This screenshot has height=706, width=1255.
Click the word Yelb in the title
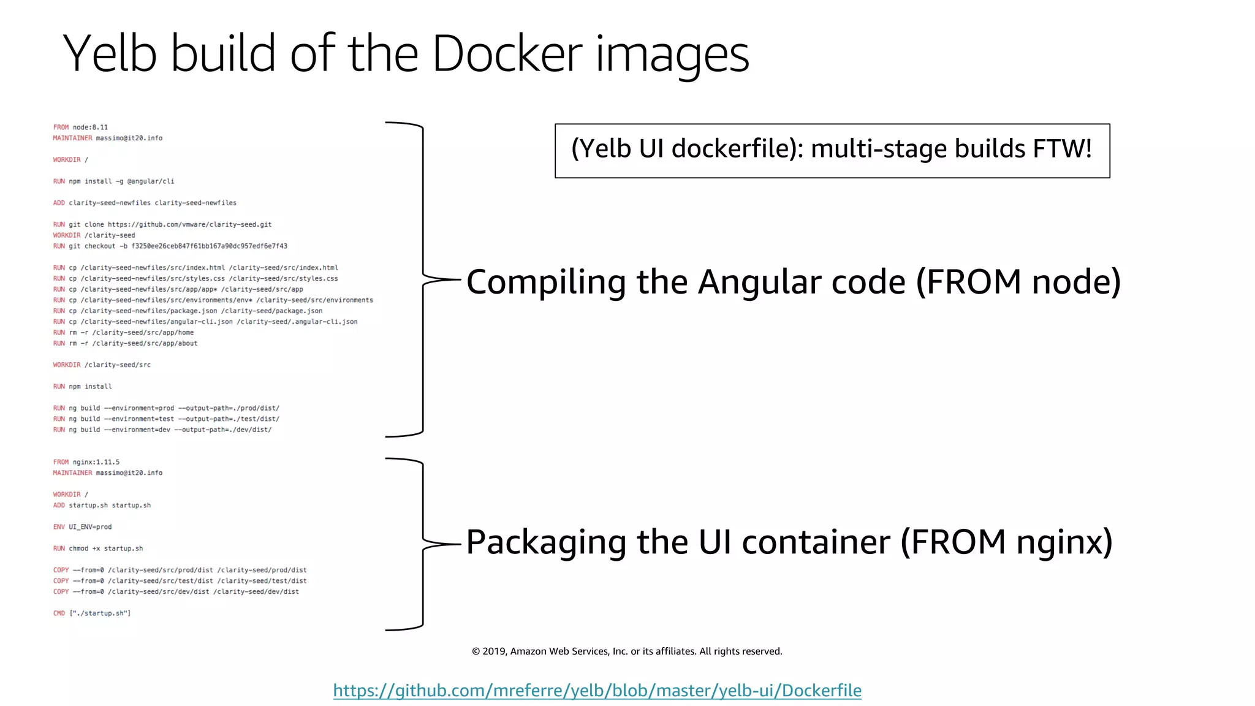(x=110, y=54)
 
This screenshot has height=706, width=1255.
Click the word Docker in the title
(x=507, y=54)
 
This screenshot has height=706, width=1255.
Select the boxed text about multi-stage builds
(x=832, y=150)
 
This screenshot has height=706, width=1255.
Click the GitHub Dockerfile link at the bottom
(x=597, y=691)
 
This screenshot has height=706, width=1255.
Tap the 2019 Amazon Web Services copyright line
(x=626, y=651)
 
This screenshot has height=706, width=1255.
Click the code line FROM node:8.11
(x=80, y=127)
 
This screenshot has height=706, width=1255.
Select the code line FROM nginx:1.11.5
(x=86, y=462)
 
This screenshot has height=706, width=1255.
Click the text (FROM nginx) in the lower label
(x=1006, y=542)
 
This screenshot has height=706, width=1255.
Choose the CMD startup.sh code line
(x=92, y=613)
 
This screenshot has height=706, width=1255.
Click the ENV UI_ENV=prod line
(x=82, y=527)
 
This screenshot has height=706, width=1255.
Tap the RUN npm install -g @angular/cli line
(x=113, y=181)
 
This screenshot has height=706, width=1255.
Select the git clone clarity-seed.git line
(x=162, y=225)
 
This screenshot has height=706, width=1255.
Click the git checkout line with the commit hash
(x=170, y=246)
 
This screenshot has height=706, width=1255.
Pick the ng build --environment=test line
(x=165, y=419)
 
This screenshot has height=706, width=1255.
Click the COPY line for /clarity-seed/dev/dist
(x=176, y=592)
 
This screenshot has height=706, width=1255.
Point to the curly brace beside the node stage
(x=423, y=279)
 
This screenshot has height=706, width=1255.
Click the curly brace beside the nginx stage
(x=423, y=544)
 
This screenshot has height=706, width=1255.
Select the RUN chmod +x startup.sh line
(x=98, y=548)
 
